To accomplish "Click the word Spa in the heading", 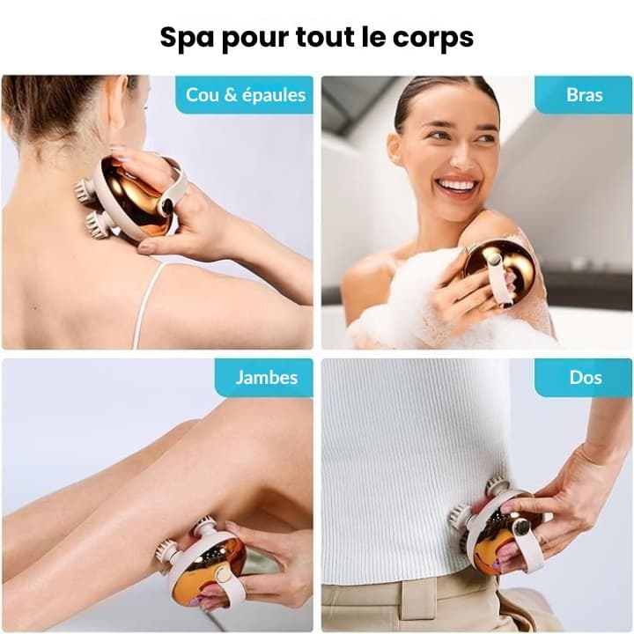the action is click(188, 39).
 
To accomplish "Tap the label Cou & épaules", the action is click(246, 95).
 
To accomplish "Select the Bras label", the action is click(585, 95).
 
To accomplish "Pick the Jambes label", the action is click(267, 378).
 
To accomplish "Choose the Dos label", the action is click(586, 378).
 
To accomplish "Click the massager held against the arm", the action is click(500, 272).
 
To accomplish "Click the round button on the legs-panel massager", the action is click(221, 574).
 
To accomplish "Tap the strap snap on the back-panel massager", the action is click(520, 527).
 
